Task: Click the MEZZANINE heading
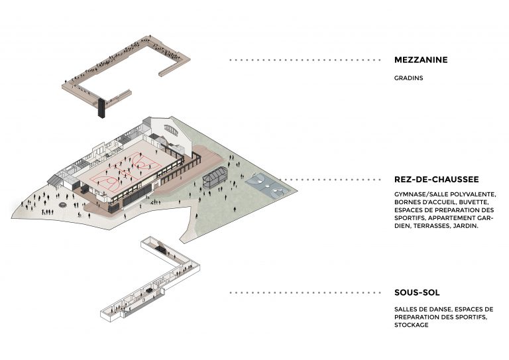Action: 421,60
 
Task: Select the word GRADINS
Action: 408,78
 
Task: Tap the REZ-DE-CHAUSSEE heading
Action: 435,180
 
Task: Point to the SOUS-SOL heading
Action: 417,292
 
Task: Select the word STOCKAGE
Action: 411,326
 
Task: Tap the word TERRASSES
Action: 433,226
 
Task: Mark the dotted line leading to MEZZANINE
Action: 305,60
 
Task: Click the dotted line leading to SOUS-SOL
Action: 305,292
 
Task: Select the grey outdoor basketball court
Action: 266,183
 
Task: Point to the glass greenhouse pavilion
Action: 215,177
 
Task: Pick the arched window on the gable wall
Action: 171,128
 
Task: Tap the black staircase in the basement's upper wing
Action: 160,249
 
